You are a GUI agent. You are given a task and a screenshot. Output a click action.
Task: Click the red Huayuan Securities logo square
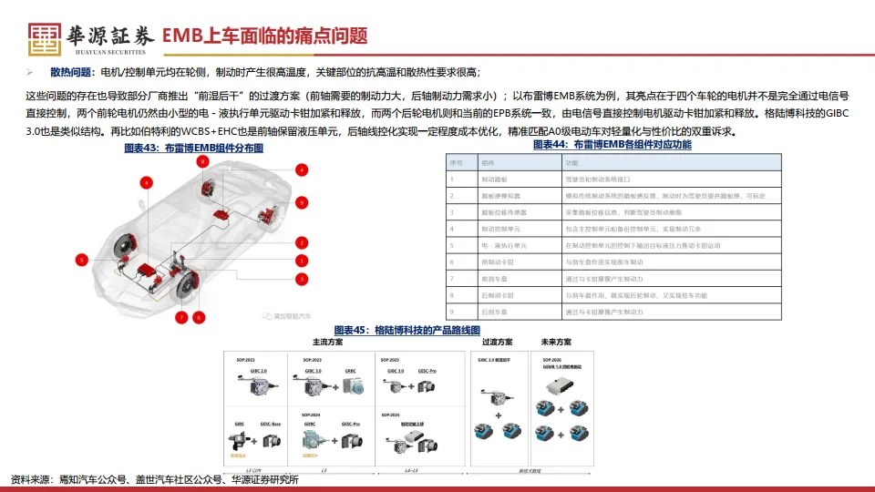pos(45,36)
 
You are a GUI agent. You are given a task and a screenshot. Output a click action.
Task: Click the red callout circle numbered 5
pos(81,260)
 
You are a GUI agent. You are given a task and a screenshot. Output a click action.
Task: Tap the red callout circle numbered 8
pos(199,317)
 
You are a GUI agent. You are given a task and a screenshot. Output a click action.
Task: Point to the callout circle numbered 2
pos(300,242)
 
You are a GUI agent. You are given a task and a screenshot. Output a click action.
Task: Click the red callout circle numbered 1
pos(300,261)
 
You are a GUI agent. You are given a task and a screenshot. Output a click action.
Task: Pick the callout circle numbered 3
pos(300,279)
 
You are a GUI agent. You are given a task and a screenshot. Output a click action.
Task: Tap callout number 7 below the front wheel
pos(181,317)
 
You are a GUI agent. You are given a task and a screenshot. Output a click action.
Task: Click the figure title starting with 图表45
pos(407,330)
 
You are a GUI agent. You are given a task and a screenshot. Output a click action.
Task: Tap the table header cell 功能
pos(572,162)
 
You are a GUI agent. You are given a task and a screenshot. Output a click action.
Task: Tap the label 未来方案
pos(554,343)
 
